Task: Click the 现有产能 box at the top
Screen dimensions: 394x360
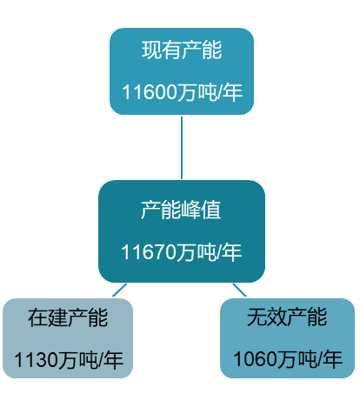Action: tap(182, 70)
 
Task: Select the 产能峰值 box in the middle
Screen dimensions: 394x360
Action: tap(182, 230)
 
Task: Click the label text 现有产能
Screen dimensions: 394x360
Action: tap(182, 50)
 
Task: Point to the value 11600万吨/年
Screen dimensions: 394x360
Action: tap(182, 92)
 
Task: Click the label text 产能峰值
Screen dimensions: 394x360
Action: tap(182, 210)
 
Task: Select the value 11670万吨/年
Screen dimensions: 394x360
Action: tap(182, 252)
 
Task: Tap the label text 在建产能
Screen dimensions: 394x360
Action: tap(68, 317)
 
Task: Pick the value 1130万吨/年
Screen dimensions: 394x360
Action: tap(68, 358)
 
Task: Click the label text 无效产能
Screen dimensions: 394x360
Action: tap(288, 317)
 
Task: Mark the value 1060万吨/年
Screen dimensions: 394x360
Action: tap(288, 358)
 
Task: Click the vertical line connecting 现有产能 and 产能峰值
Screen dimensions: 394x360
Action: tap(182, 146)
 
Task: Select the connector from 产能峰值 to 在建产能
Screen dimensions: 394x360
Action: tap(119, 289)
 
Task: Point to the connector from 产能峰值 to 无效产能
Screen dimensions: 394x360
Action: tap(239, 289)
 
